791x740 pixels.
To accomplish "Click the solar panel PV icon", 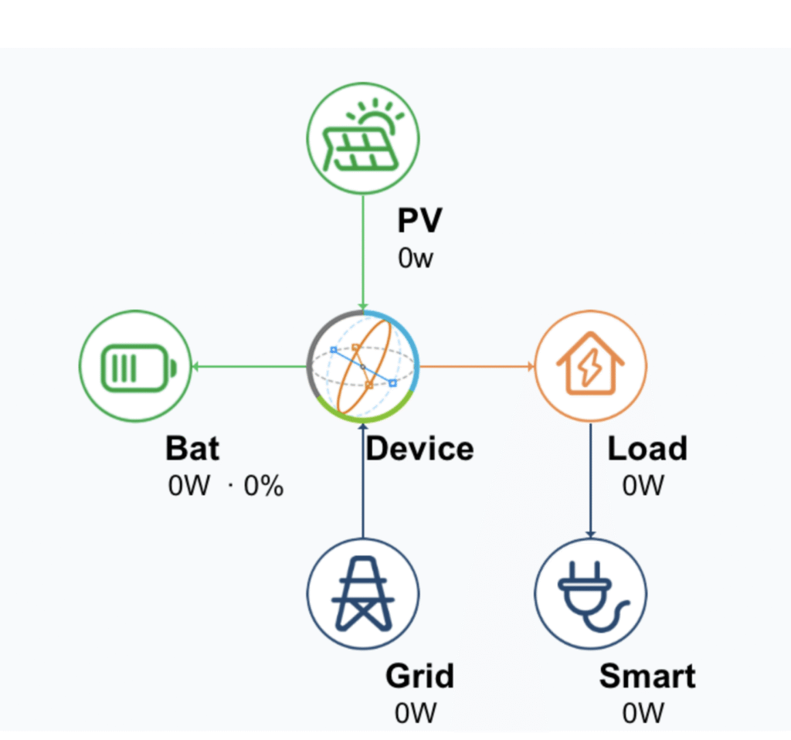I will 363,139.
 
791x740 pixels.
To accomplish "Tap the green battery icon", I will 136,365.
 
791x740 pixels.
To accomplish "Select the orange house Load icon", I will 590,365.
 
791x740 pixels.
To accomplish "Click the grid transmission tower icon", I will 363,593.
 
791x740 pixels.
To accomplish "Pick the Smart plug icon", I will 590,593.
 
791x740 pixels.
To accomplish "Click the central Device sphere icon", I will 363,365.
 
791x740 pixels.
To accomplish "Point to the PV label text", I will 419,221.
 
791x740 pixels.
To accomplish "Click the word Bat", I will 192,449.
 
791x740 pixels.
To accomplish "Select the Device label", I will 419,449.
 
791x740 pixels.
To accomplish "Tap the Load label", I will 647,449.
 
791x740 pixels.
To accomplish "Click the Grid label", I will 419,677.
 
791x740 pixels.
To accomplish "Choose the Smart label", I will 647,677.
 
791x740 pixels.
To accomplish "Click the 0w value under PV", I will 416,258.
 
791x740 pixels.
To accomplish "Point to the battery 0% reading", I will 263,487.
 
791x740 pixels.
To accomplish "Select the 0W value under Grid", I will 416,713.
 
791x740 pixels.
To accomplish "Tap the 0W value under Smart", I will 643,713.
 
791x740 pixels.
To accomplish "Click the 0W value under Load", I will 643,486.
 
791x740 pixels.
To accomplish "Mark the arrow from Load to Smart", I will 590,479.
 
